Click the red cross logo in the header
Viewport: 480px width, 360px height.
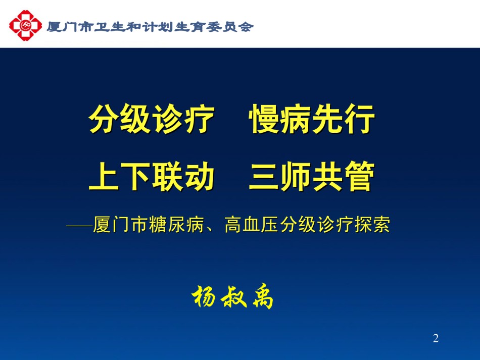(25, 25)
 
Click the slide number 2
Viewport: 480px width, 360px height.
(436, 338)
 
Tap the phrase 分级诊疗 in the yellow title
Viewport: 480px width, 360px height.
(152, 119)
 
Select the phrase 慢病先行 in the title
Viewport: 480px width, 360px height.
(312, 119)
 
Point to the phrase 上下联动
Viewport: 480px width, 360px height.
(152, 177)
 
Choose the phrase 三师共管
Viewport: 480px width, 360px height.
(312, 177)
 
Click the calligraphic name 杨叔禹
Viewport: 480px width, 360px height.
(232, 297)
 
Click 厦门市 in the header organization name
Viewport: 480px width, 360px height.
(70, 27)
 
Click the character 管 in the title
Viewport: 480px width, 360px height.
(360, 177)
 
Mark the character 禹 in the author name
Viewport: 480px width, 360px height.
(263, 297)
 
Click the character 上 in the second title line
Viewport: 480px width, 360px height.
(104, 177)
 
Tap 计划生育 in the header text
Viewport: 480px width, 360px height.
(174, 27)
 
